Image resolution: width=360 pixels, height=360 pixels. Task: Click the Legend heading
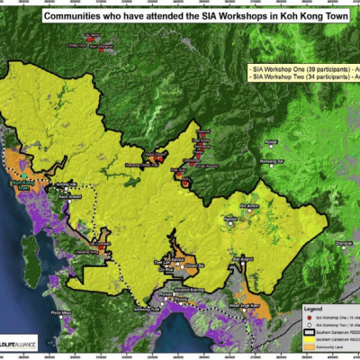tap(319, 308)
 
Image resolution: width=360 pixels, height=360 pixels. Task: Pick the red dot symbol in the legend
tap(309, 317)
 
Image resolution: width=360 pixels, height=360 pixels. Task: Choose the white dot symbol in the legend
tap(309, 324)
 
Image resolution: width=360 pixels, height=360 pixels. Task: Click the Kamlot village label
tap(230, 218)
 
